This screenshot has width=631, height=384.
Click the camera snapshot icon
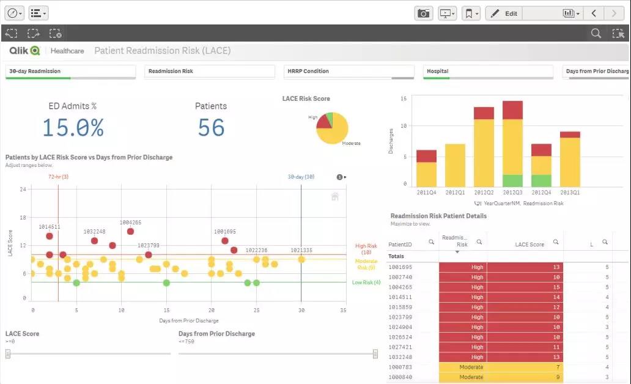coord(423,13)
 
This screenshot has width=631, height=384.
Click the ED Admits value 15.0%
coord(73,128)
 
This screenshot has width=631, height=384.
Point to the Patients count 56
coord(211,128)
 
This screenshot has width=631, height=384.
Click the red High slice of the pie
coord(323,122)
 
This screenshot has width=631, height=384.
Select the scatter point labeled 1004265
coord(130,231)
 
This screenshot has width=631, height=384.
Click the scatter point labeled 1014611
coord(50,236)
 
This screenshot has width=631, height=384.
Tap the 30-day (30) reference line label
coord(301,177)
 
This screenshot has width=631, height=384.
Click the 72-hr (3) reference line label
coord(58,177)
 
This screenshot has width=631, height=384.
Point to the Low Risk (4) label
coord(366,282)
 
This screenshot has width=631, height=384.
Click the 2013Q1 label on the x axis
coord(570,193)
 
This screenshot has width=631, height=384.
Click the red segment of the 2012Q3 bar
coord(512,110)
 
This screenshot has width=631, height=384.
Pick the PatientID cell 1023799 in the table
coord(400,317)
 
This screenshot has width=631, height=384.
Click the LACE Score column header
coord(529,245)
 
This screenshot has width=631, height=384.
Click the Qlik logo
coord(24,51)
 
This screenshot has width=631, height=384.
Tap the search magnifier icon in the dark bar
coord(596,34)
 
